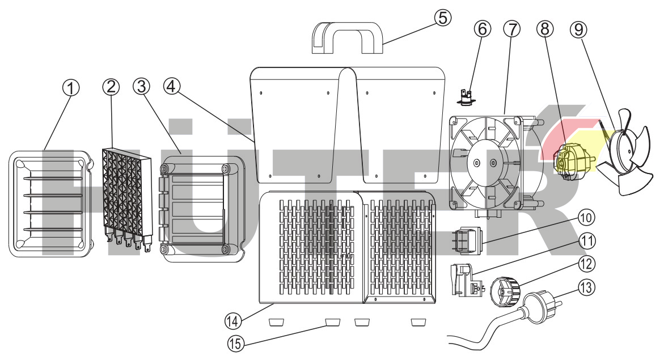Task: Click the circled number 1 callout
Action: (x=71, y=88)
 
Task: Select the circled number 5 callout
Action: (x=443, y=18)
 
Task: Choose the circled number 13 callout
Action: (x=587, y=287)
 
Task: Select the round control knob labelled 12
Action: (x=502, y=287)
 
